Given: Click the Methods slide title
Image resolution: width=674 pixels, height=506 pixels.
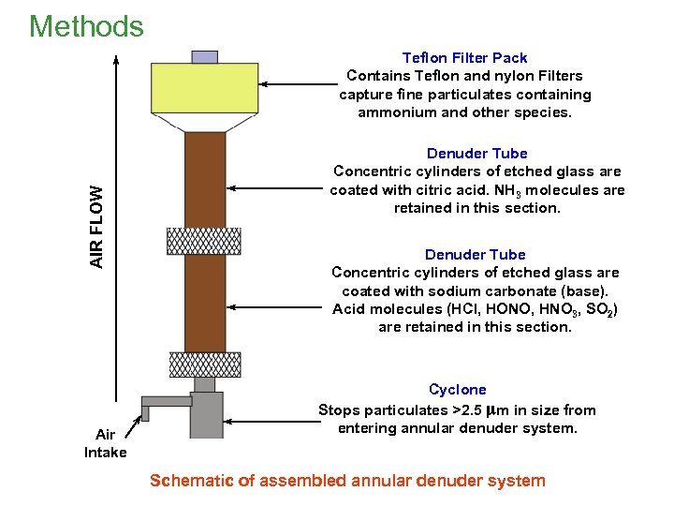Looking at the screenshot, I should coord(86,25).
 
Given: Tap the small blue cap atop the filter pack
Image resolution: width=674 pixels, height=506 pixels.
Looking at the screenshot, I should coord(205,57).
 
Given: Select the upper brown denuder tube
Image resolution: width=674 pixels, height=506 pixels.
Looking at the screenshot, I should coord(205,178).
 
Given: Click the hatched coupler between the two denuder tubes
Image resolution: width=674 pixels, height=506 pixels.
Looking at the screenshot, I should coord(204,241).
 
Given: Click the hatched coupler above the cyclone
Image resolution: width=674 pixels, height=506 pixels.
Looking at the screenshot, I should coord(204,364).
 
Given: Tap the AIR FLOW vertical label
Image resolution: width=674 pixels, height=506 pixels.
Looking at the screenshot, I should coord(97,226).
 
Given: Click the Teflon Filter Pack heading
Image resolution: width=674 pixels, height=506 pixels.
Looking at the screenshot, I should coord(464,58).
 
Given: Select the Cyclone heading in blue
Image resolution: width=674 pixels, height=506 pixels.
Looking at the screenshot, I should coord(458,389).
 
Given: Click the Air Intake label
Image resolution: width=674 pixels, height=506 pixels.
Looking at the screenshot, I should coord(105,443).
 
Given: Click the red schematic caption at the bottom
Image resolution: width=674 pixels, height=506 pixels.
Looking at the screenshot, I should coord(347,481).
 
